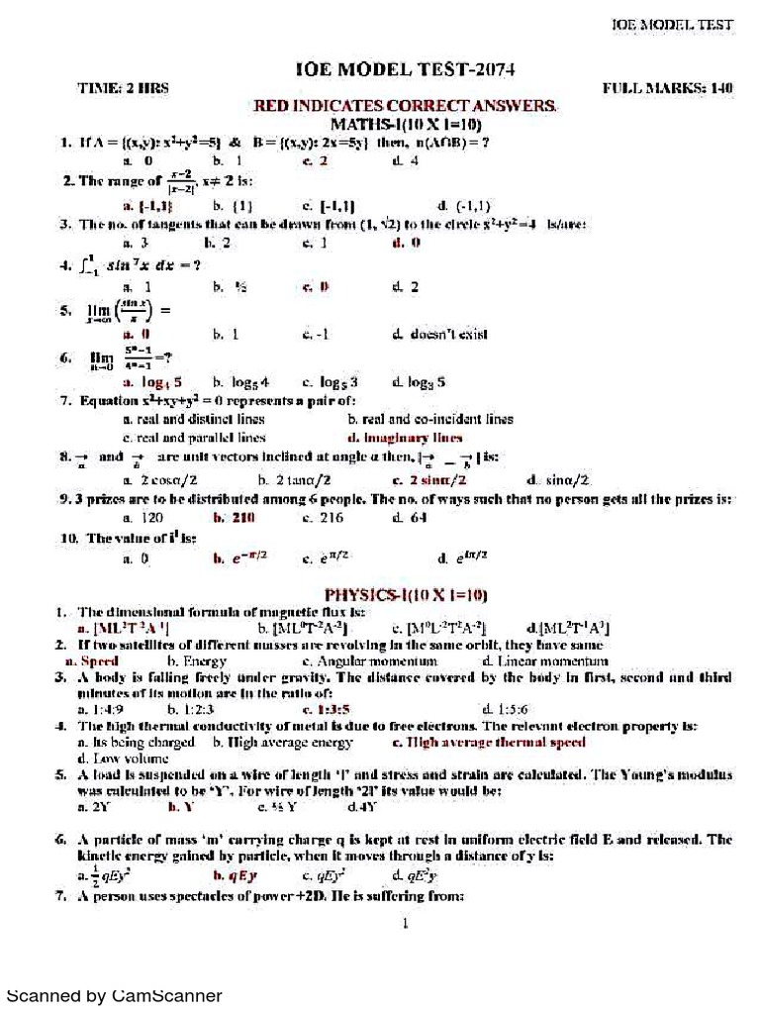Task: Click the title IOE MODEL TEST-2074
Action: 405,68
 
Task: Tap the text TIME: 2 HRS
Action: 123,88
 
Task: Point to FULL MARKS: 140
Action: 668,88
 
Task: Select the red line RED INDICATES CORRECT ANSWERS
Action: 406,105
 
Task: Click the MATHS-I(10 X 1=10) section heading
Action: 406,124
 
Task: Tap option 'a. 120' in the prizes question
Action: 142,517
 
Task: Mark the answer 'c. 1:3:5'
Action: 329,709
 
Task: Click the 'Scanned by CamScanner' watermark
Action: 115,996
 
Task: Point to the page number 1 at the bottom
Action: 405,924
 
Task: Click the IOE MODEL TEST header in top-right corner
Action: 672,24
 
